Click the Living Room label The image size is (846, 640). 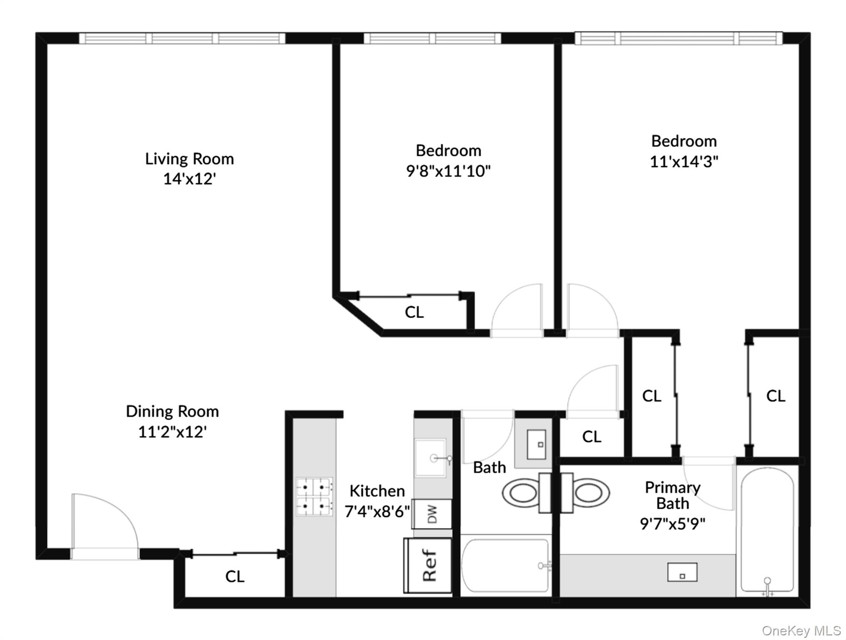[189, 159]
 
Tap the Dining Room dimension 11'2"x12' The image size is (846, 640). [172, 432]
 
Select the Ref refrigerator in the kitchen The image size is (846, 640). [428, 565]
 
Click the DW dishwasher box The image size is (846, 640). [432, 514]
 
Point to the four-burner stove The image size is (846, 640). [314, 497]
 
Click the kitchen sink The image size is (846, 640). [431, 457]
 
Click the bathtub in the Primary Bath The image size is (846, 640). [767, 531]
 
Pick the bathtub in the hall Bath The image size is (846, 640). [505, 565]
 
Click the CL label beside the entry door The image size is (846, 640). [234, 577]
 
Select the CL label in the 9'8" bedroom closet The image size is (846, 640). [414, 312]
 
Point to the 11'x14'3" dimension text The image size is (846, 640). [684, 162]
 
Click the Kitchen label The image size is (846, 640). [377, 491]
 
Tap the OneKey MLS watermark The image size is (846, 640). [801, 630]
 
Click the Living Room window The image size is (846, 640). [182, 38]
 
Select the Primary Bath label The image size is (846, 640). [672, 495]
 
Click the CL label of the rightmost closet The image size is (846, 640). [775, 396]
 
